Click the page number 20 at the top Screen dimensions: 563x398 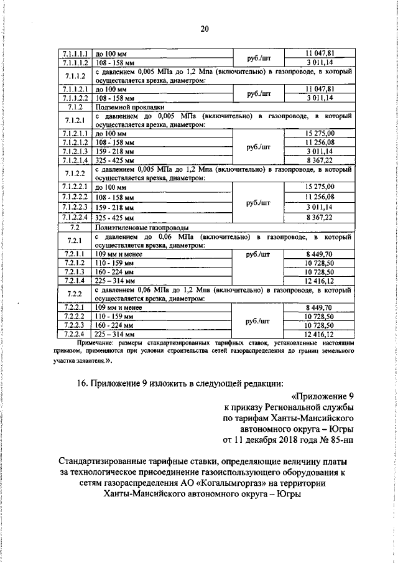pos(205,27)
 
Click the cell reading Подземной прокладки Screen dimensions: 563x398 pos(124,106)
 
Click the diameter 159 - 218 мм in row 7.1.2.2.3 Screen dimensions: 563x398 pos(115,207)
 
